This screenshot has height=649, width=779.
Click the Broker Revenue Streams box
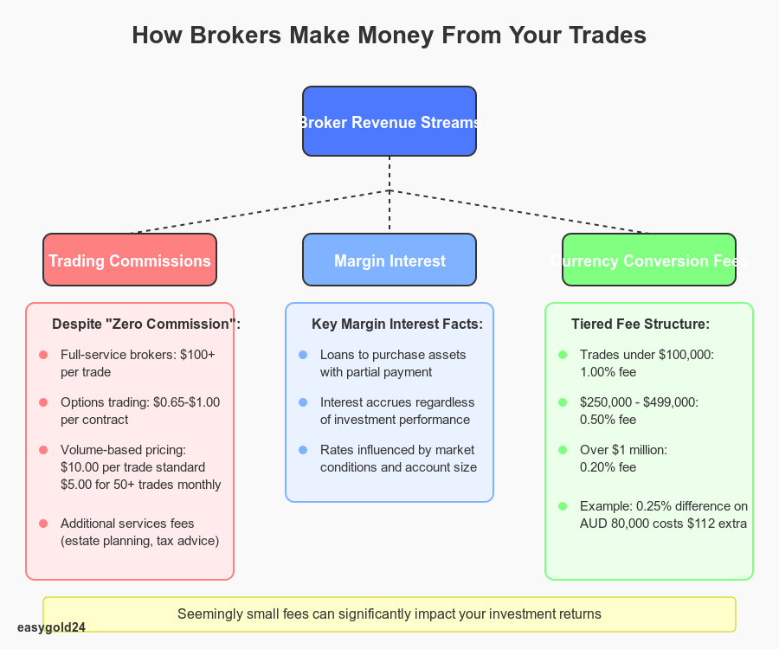[x=389, y=121]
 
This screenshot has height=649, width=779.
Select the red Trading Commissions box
[x=130, y=260]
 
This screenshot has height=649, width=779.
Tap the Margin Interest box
[x=389, y=260]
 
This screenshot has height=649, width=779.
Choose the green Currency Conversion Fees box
[x=649, y=260]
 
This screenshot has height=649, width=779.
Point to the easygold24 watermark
[x=51, y=627]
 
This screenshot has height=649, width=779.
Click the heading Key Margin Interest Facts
[x=397, y=324]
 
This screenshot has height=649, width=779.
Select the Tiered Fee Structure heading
[x=641, y=324]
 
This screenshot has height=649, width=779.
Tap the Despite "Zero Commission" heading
[x=146, y=324]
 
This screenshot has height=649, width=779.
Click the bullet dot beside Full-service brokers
[x=43, y=355]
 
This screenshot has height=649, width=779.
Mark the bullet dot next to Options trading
[x=43, y=402]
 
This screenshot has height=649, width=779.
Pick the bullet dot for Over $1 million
[x=563, y=450]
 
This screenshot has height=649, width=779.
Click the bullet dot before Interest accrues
[x=303, y=402]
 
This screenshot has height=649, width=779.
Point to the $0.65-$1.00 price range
[x=187, y=402]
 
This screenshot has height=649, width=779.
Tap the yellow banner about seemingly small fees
[x=389, y=614]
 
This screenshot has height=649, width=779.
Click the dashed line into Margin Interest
[x=389, y=212]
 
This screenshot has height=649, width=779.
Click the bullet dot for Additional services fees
[x=43, y=524]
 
